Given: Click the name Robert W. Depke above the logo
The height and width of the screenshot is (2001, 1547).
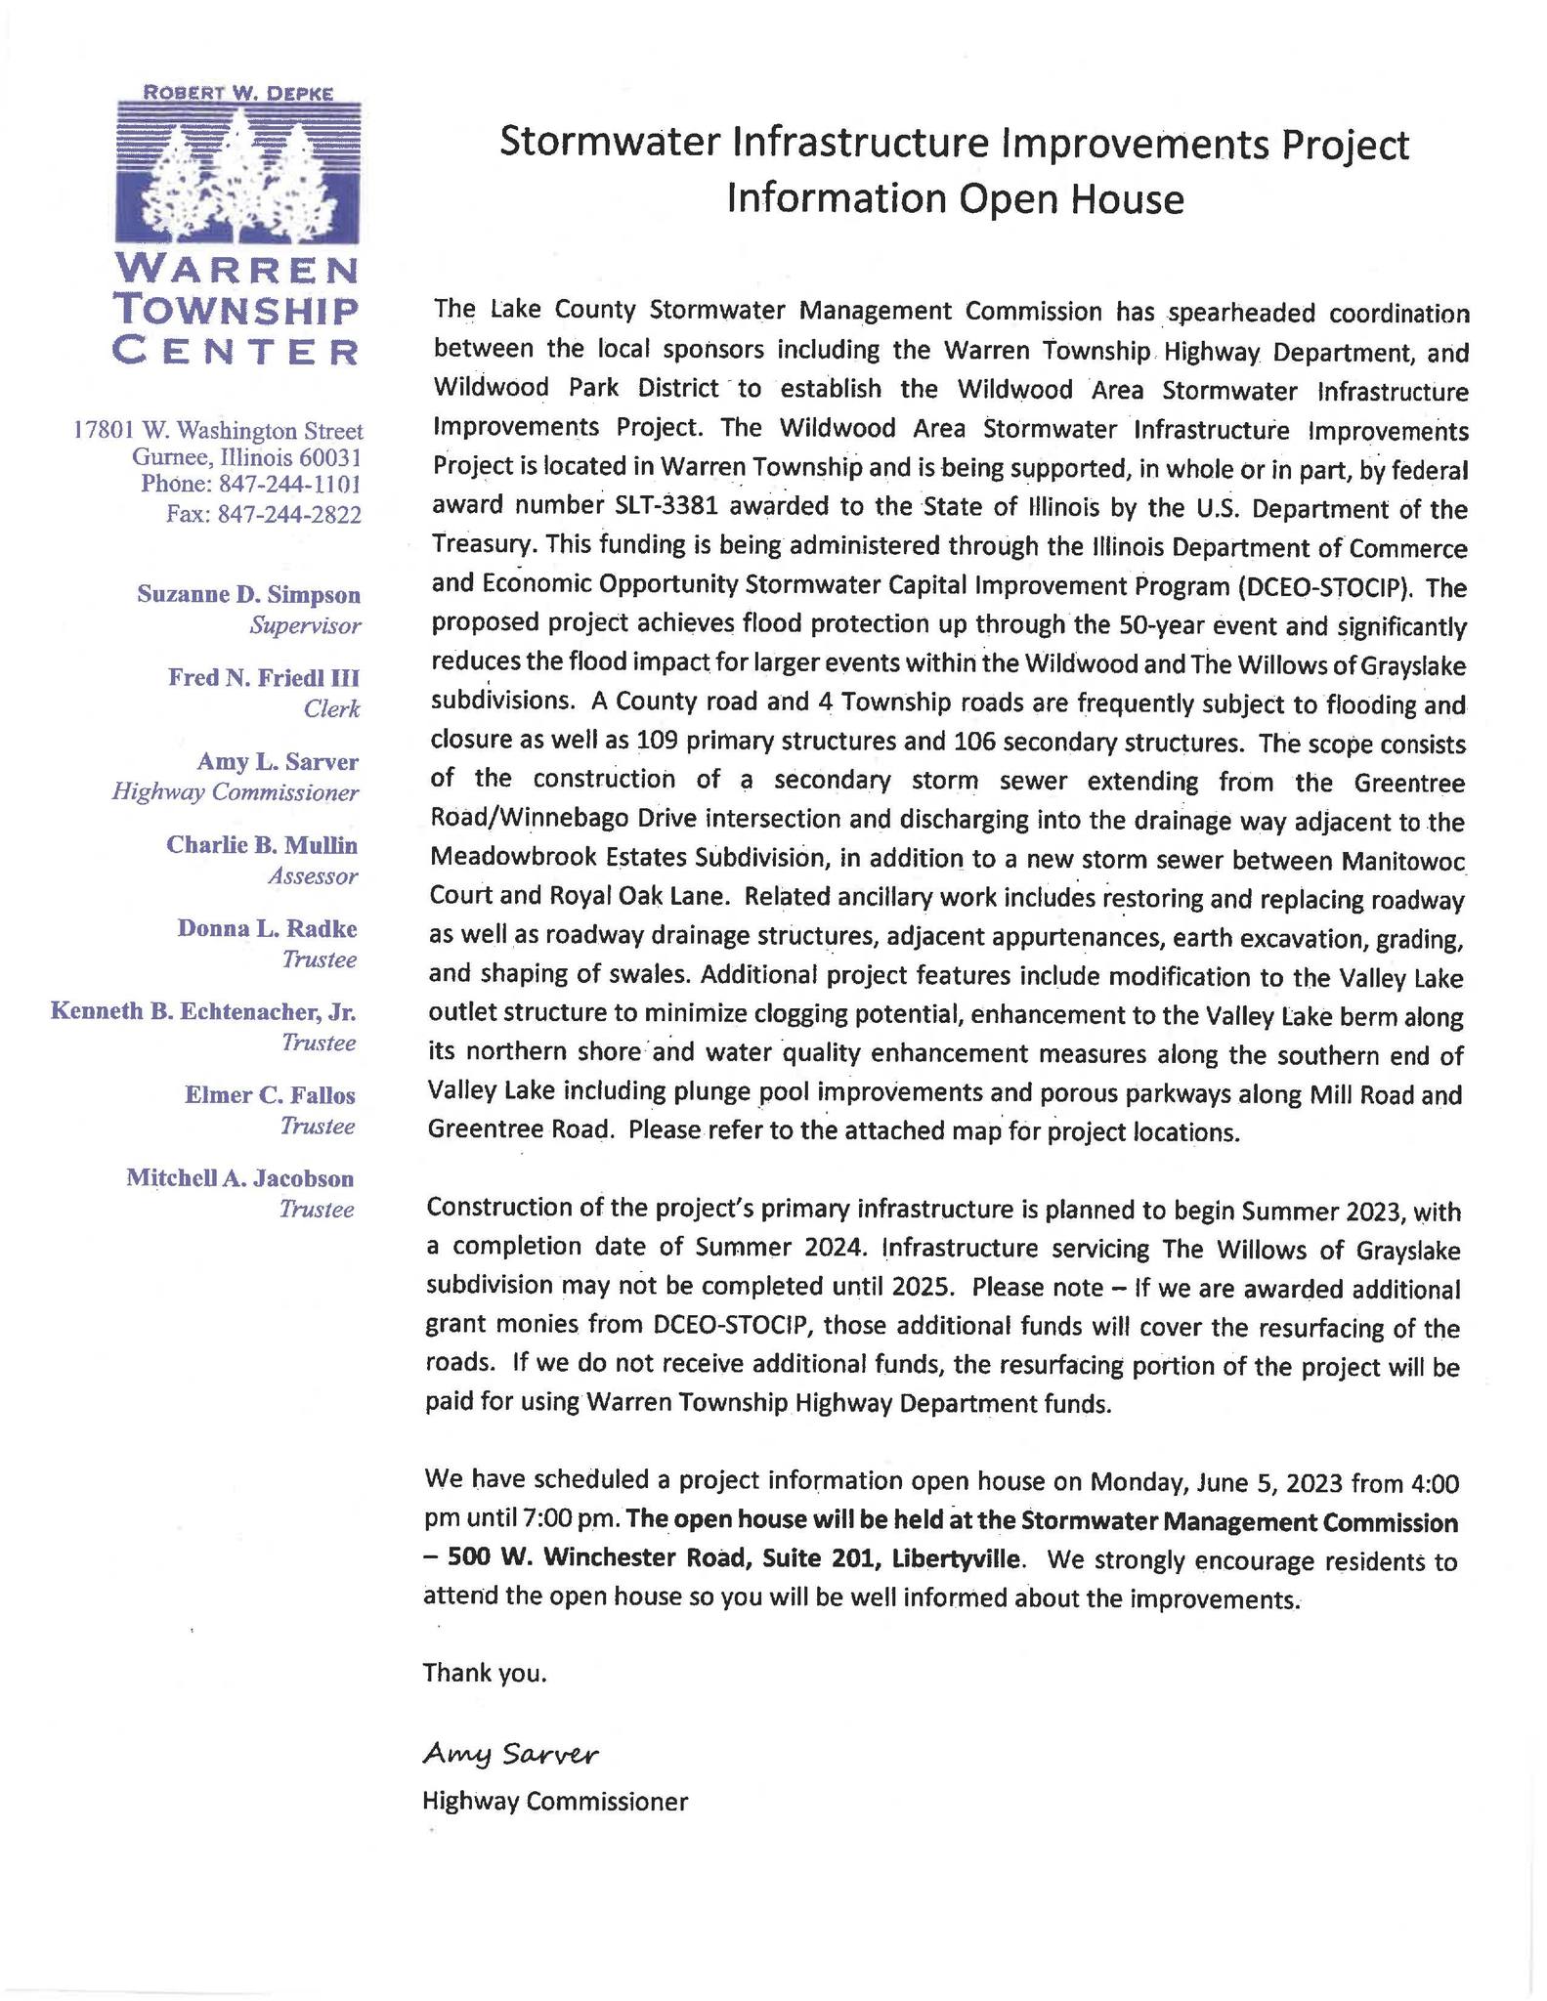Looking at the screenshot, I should [x=237, y=93].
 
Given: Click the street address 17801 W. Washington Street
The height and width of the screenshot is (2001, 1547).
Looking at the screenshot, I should [x=218, y=430].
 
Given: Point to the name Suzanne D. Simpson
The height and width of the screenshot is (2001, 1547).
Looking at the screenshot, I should [x=248, y=594].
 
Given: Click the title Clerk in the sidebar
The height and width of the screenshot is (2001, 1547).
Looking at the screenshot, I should [x=331, y=709].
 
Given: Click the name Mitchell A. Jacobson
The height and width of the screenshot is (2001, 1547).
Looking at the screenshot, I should [x=239, y=1178].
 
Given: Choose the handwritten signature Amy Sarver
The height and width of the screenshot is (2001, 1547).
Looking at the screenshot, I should [x=509, y=1754].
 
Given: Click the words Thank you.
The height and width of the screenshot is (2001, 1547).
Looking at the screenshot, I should [x=484, y=1674].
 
